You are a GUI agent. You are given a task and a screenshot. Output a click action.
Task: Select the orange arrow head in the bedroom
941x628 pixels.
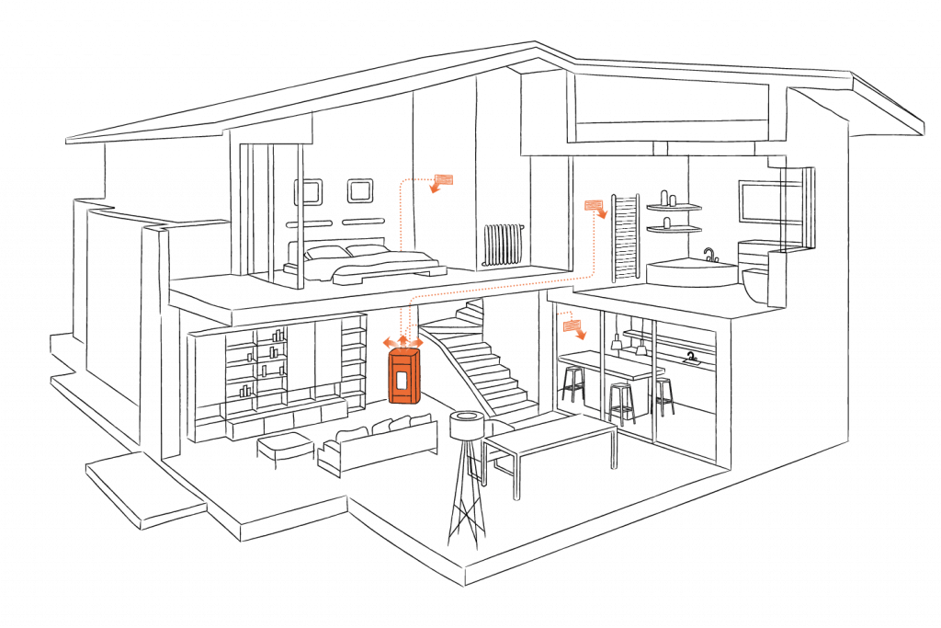click(x=442, y=181)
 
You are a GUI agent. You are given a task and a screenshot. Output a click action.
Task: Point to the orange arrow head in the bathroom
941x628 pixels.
click(x=596, y=208)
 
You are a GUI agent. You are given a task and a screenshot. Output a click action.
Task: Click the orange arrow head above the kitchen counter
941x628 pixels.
click(x=573, y=325)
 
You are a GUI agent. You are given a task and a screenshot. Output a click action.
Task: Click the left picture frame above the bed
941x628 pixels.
click(x=307, y=191)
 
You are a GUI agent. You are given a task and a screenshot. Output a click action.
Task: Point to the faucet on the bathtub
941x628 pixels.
click(x=709, y=252)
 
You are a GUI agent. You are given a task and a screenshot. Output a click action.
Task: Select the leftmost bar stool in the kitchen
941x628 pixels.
click(x=573, y=382)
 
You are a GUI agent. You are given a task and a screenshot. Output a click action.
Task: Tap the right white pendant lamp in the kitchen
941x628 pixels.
click(x=641, y=348)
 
